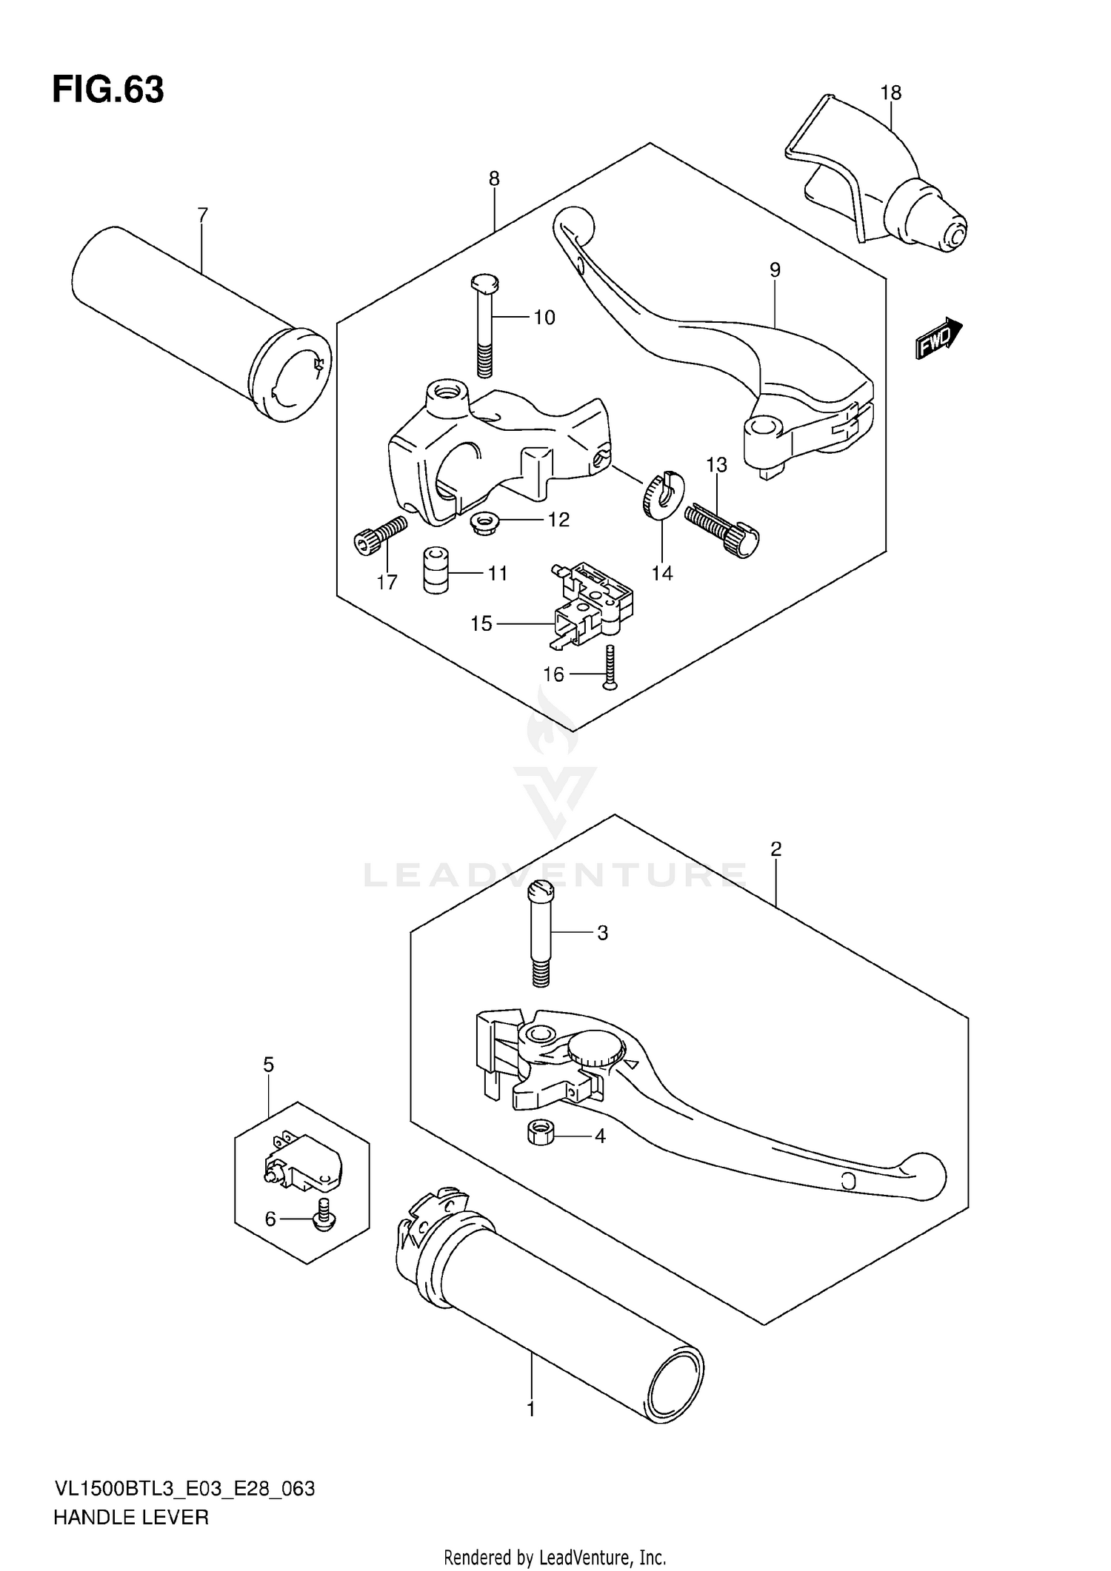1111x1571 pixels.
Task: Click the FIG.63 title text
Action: coord(108,90)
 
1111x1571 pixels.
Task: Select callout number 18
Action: coord(891,93)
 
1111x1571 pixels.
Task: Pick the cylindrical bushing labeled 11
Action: coord(436,569)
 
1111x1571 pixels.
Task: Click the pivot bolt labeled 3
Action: coord(541,936)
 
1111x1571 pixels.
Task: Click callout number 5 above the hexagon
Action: coord(268,1065)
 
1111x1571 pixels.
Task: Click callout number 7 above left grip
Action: coord(202,215)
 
